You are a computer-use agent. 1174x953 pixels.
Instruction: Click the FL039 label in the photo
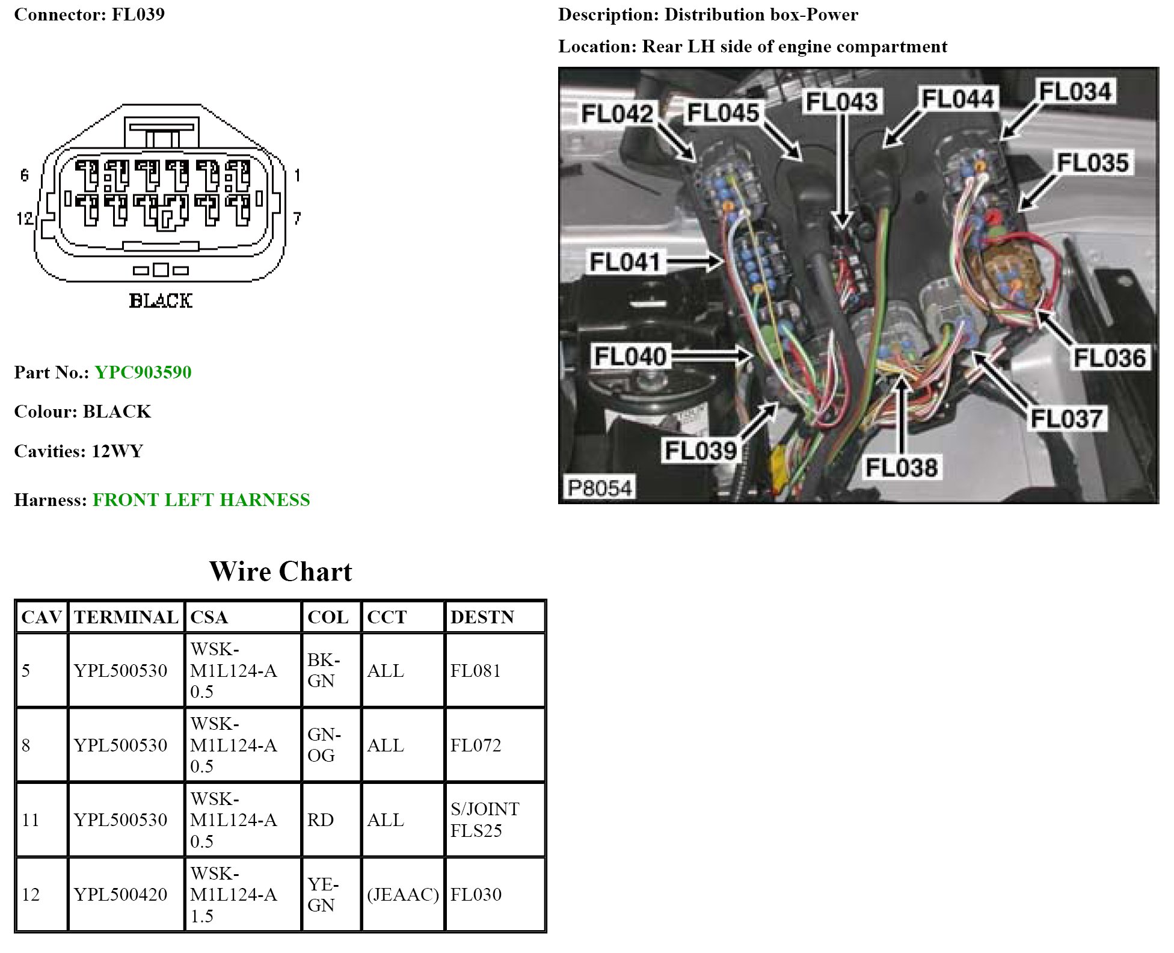click(701, 451)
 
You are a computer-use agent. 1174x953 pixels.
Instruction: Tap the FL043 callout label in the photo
click(841, 102)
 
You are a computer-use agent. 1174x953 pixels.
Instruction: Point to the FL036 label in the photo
click(1110, 357)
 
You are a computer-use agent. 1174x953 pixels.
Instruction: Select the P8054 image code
click(599, 487)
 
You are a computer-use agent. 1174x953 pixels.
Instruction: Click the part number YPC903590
click(143, 372)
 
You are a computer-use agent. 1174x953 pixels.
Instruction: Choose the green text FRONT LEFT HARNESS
click(201, 500)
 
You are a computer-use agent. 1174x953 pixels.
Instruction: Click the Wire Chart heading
click(280, 572)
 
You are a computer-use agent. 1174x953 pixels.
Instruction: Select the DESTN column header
click(482, 617)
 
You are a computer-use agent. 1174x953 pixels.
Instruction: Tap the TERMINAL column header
click(126, 617)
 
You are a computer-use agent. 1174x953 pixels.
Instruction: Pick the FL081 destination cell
click(476, 671)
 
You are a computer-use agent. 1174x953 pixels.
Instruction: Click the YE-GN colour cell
click(323, 895)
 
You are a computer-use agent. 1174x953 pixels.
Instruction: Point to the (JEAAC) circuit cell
click(403, 895)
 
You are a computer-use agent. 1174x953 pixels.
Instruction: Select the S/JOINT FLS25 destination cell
click(485, 819)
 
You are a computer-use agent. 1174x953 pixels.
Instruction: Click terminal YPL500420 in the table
click(120, 895)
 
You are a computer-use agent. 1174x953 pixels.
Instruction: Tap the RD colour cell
click(320, 820)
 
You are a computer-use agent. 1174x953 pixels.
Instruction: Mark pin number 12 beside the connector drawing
click(25, 218)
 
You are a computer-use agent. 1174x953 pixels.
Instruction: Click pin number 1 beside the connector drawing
click(297, 175)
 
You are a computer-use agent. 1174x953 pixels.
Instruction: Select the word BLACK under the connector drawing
click(161, 301)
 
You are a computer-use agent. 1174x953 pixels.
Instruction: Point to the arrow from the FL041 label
click(695, 262)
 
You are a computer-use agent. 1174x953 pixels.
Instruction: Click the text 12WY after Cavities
click(117, 451)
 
